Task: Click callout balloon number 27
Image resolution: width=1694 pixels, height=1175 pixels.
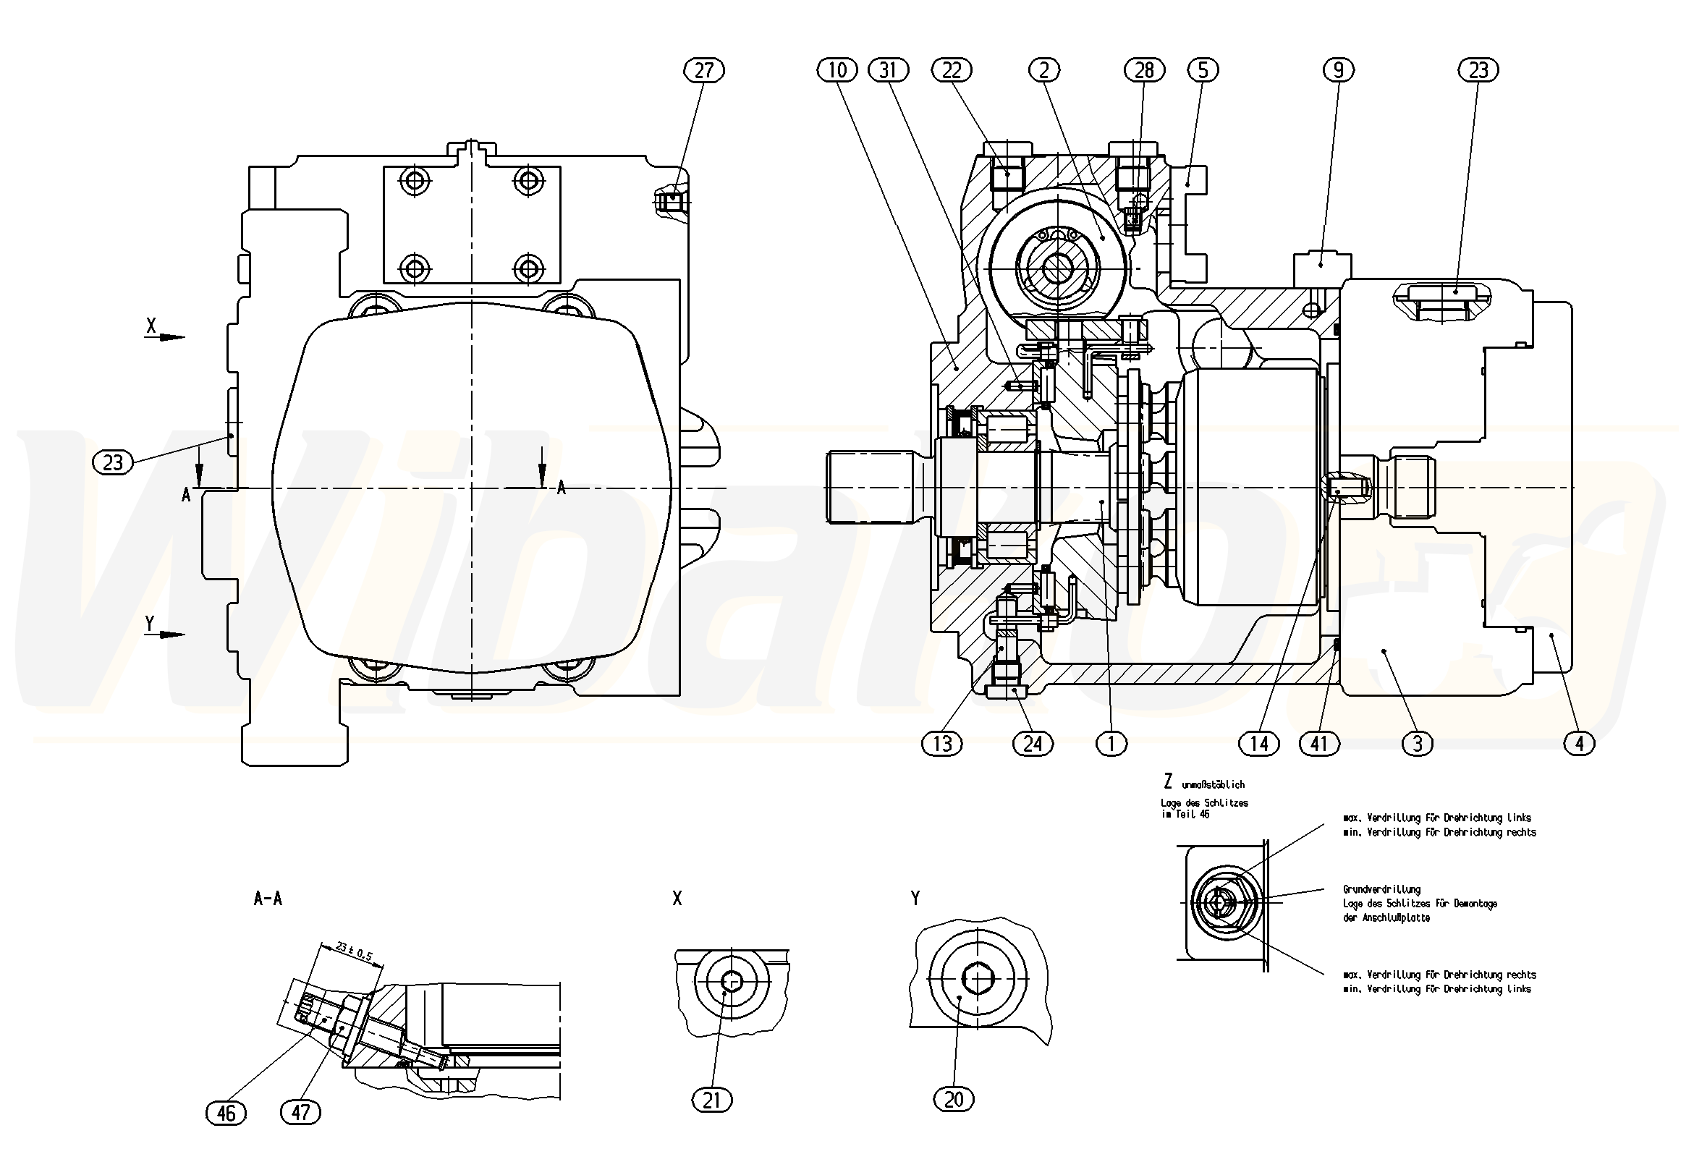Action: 704,70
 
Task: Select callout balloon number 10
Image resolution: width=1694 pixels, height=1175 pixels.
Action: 838,70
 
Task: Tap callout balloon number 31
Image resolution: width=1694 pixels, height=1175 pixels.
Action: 889,70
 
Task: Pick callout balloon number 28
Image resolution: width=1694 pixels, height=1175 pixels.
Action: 1144,70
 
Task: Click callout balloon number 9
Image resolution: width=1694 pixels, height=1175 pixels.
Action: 1339,70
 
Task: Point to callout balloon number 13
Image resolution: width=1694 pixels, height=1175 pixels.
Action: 942,744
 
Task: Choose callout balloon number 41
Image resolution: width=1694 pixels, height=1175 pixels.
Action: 1318,744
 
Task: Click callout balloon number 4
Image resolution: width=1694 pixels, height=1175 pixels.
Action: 1578,744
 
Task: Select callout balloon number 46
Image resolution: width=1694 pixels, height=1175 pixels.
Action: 226,1113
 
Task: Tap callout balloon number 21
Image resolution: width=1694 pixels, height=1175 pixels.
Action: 712,1100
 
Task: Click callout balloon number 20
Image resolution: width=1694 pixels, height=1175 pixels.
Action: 954,1100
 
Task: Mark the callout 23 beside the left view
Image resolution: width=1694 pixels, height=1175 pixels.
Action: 113,462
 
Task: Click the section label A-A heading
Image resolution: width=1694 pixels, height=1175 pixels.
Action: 267,898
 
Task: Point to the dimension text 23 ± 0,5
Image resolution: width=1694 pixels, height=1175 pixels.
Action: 354,951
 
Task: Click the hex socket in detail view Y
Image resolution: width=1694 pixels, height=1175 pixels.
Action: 978,977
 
